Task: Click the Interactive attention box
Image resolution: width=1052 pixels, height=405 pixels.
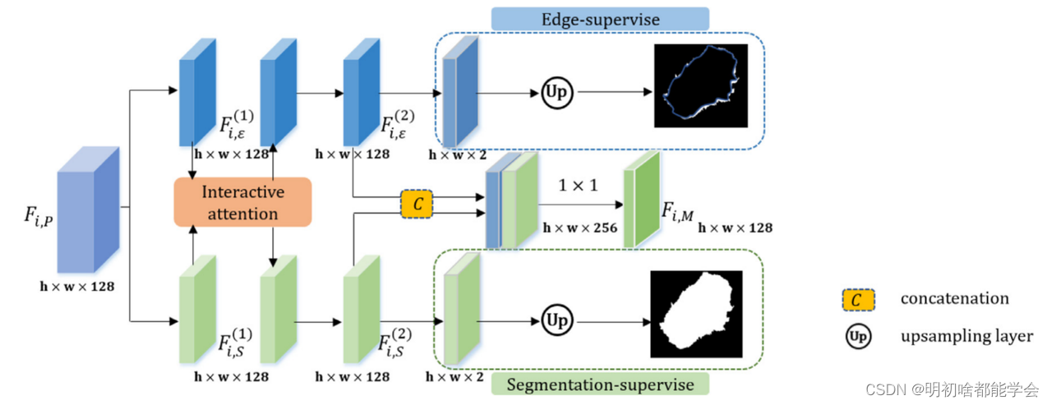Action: pos(242,202)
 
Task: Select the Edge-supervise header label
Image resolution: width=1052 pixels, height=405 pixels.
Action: pos(600,19)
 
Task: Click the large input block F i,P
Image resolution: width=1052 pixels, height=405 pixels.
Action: pos(88,209)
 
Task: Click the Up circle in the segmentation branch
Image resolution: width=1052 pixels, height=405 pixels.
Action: pos(557,318)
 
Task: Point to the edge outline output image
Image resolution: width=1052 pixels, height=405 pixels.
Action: pos(701,85)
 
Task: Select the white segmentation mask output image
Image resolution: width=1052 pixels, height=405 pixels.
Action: pos(697,314)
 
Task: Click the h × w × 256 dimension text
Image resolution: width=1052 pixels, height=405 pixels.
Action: pos(579,228)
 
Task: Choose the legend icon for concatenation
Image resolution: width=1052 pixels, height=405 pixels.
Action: pos(858,299)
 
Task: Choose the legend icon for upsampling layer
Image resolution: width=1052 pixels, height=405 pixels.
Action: pos(857,336)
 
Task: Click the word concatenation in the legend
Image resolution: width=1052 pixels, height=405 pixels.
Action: pos(954,299)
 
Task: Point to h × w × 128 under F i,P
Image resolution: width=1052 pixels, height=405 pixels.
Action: pos(76,287)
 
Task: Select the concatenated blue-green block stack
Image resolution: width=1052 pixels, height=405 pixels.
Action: pos(510,201)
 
